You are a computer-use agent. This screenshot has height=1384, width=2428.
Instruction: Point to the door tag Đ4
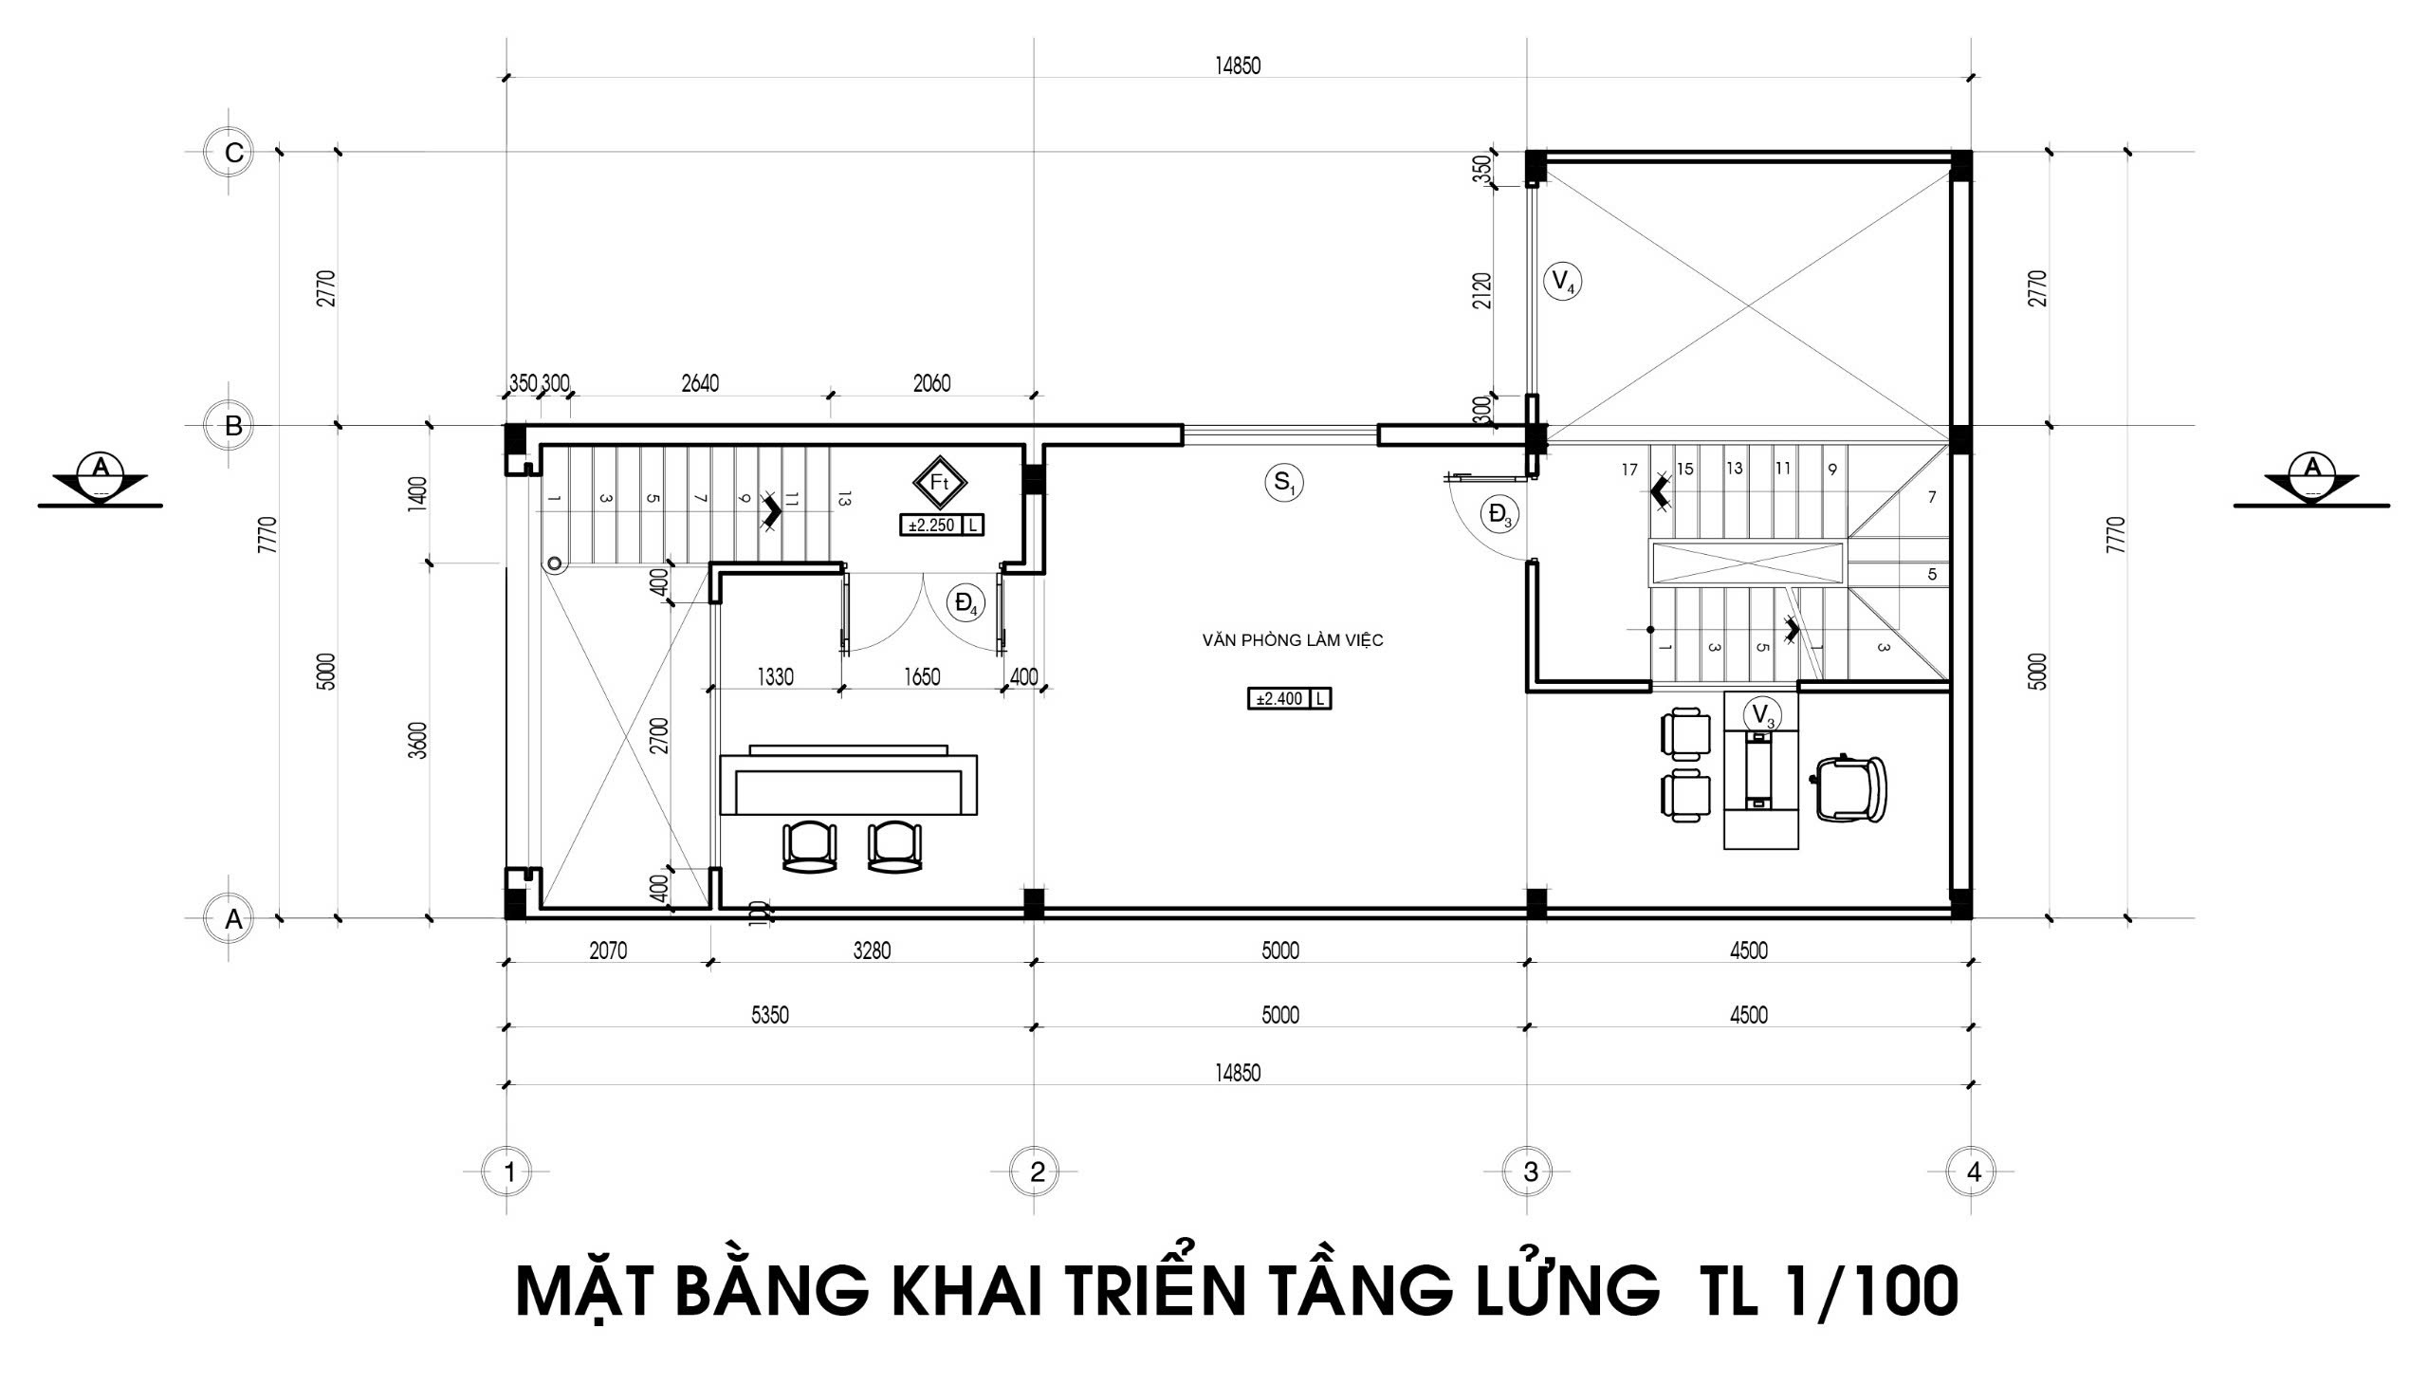tap(966, 603)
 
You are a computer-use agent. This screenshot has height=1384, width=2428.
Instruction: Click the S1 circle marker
tap(1284, 483)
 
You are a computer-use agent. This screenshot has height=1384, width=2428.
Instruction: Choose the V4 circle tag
tap(1562, 282)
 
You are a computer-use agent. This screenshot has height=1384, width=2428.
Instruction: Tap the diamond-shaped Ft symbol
tap(940, 483)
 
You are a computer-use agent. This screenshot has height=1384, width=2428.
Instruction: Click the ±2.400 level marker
tap(1290, 700)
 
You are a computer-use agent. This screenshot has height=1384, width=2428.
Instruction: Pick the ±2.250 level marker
tap(942, 525)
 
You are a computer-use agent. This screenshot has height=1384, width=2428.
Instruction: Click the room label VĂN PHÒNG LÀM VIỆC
tap(1293, 640)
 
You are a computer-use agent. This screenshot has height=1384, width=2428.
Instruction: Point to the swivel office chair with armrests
tap(1849, 788)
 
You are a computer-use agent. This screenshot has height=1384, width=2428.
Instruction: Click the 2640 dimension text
tap(700, 383)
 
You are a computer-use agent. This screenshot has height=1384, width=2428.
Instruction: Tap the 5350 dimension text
tap(771, 1015)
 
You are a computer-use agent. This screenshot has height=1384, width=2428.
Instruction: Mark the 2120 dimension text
tap(1481, 290)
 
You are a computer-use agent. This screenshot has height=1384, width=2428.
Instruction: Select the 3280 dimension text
tap(873, 950)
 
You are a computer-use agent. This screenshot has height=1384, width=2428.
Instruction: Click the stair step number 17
tap(1629, 470)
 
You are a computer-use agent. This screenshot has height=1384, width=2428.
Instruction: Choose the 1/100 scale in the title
tap(1861, 1291)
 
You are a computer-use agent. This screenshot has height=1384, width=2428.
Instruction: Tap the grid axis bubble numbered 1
tap(510, 1172)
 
